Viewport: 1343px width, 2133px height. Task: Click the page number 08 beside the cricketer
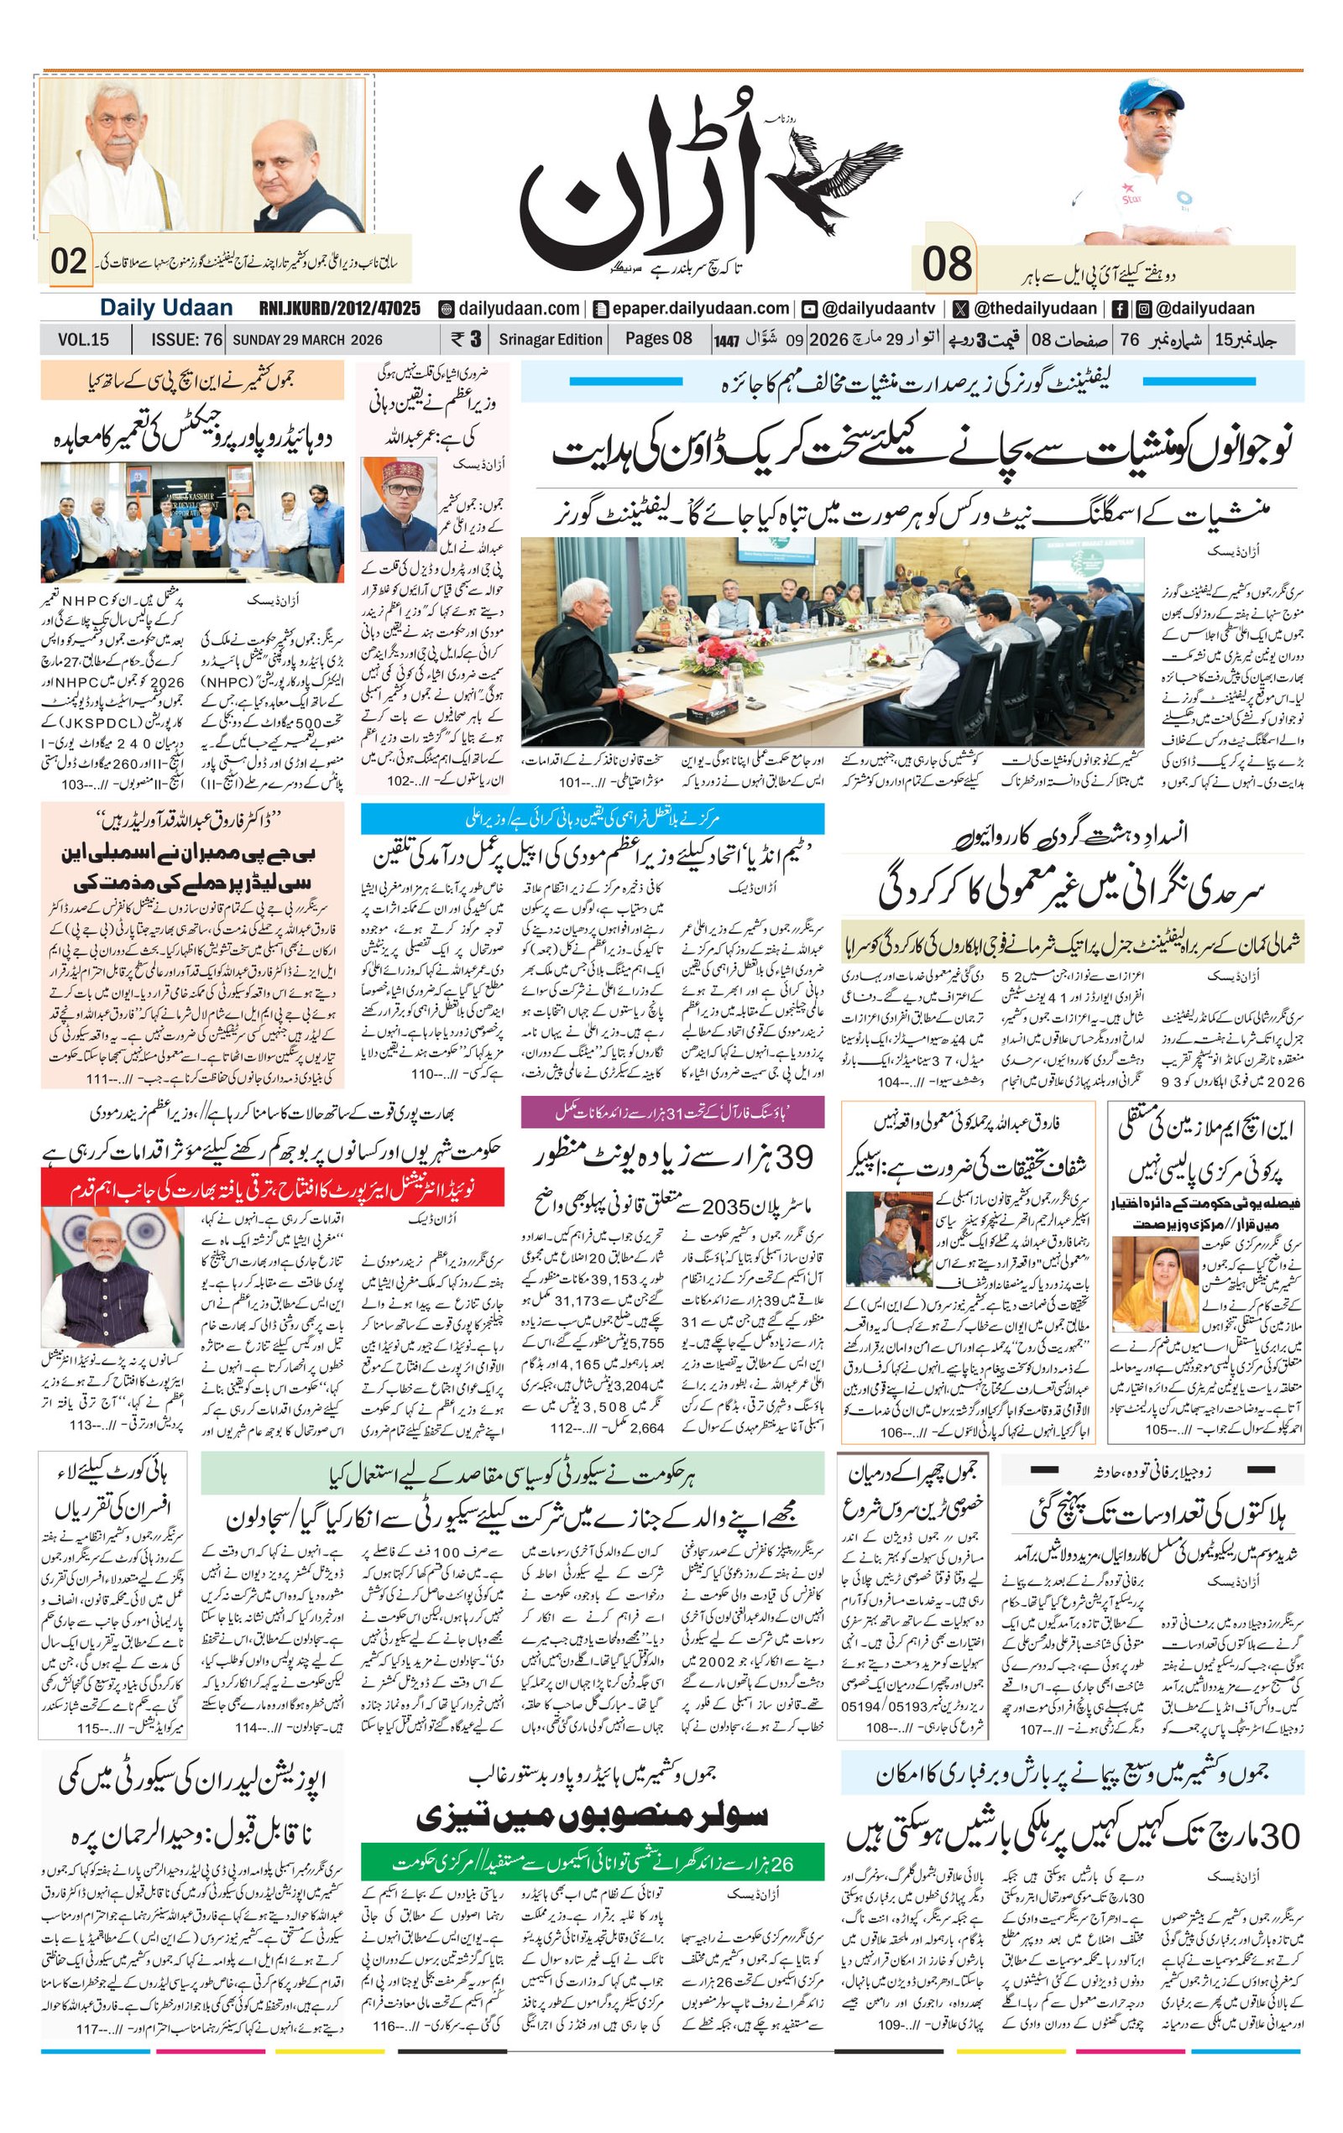pyautogui.click(x=947, y=264)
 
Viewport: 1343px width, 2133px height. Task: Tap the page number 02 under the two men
pyautogui.click(x=68, y=262)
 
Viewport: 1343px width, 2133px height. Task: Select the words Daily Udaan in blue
pyautogui.click(x=165, y=308)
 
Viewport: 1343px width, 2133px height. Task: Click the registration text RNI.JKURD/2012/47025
pyautogui.click(x=339, y=308)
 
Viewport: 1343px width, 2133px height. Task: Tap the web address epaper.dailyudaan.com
pyautogui.click(x=691, y=308)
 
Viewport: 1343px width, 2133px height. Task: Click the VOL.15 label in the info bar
pyautogui.click(x=83, y=339)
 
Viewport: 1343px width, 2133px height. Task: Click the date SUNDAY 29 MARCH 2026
pyautogui.click(x=307, y=339)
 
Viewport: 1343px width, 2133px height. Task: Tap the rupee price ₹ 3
pyautogui.click(x=466, y=339)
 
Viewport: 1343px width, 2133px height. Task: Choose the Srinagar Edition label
pyautogui.click(x=550, y=339)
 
